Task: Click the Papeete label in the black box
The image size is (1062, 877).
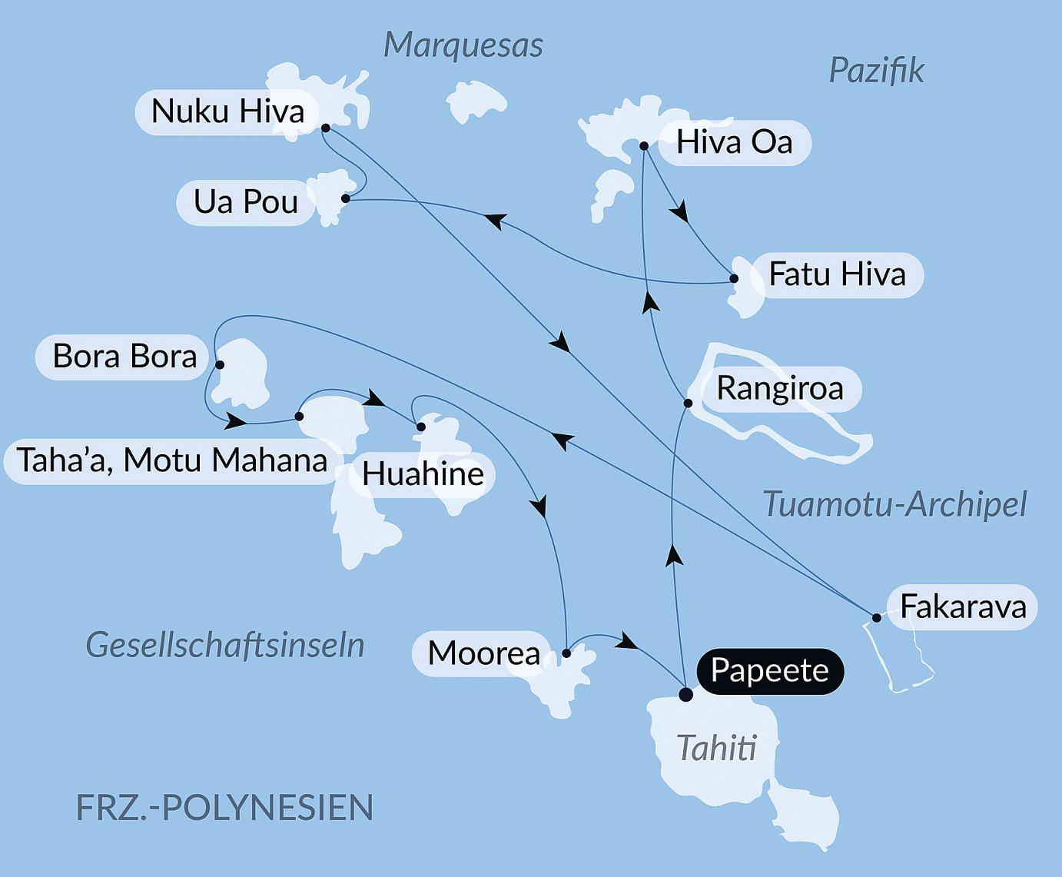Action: (769, 671)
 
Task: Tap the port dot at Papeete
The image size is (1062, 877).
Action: (685, 695)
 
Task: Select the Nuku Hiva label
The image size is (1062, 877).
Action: (227, 111)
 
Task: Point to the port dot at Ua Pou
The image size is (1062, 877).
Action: (346, 199)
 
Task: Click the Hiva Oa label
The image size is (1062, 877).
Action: (734, 142)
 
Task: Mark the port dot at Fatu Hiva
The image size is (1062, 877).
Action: (734, 279)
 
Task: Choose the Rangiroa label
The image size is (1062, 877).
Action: (779, 388)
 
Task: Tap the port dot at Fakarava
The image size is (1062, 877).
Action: (876, 618)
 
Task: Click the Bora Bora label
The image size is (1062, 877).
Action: (124, 357)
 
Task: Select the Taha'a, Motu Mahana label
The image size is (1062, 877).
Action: (172, 460)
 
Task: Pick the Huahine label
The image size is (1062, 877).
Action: (423, 474)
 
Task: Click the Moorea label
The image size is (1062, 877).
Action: (483, 653)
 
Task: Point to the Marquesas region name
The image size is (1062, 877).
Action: (463, 45)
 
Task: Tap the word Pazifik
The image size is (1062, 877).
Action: (876, 71)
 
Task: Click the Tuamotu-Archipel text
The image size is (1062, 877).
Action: (894, 505)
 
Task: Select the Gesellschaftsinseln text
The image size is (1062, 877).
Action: (224, 645)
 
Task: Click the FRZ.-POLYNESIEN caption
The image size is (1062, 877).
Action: (224, 808)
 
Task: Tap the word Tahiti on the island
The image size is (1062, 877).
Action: (716, 748)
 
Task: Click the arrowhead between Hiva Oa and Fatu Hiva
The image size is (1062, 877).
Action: (679, 212)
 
